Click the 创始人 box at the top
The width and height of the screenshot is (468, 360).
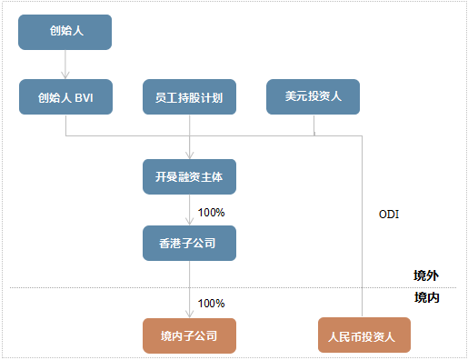[65, 32]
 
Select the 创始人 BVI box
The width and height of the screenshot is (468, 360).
[65, 97]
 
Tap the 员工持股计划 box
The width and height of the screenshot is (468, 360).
[189, 97]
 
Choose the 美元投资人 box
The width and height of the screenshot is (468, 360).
[313, 97]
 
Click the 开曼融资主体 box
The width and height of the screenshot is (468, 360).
[189, 176]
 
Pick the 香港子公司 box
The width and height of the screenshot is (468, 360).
[189, 244]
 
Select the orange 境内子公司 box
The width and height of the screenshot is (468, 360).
[189, 335]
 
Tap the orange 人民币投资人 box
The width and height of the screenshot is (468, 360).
[363, 335]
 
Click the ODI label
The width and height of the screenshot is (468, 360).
[389, 215]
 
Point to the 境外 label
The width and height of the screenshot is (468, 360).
[426, 275]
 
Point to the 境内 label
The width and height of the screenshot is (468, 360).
[426, 297]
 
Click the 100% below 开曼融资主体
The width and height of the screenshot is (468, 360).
[211, 212]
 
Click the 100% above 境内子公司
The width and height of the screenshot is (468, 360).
[211, 303]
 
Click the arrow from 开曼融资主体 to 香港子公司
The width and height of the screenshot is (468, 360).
[189, 210]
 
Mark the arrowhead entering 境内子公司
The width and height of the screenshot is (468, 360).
[189, 314]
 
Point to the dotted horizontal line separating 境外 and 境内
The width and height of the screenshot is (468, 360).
[273, 289]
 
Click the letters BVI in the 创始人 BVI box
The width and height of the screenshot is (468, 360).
[85, 97]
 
